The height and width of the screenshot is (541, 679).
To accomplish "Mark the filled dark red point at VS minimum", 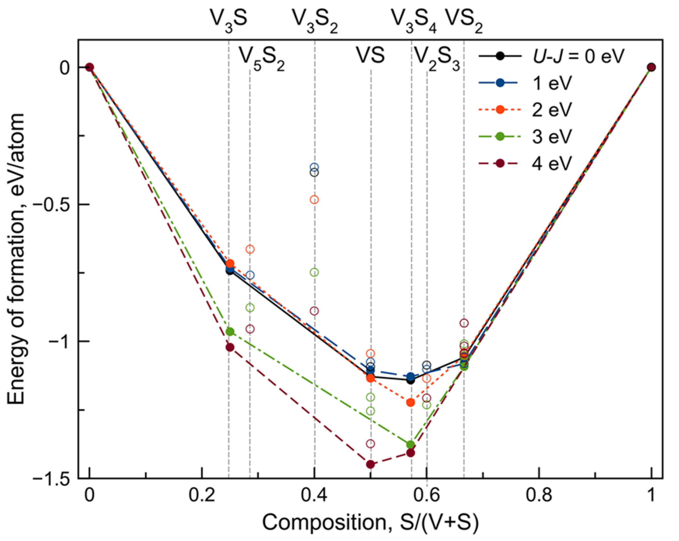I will click(371, 464).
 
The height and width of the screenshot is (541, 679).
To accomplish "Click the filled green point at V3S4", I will click(410, 445).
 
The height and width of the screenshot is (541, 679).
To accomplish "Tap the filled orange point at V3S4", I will click(410, 402).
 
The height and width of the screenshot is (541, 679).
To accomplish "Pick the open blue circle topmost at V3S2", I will click(314, 167).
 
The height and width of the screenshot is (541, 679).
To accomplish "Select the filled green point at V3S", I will click(230, 331).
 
